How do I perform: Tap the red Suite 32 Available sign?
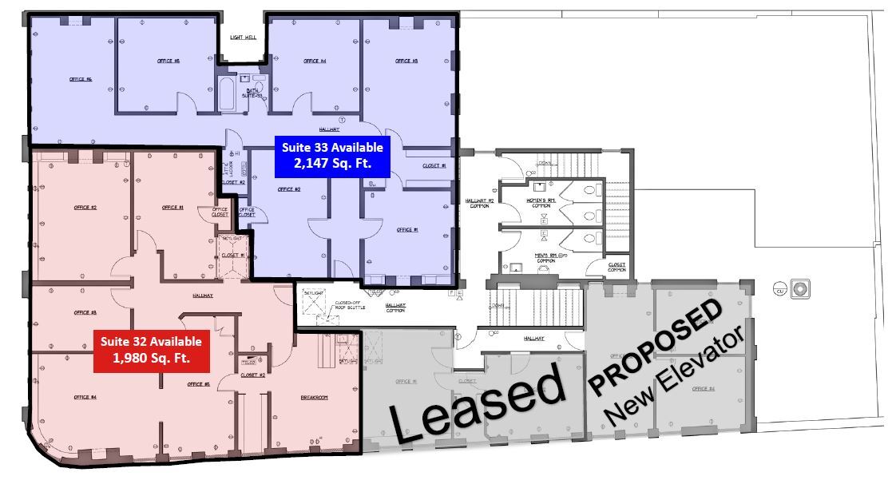pyautogui.click(x=151, y=349)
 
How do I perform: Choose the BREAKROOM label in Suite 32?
pyautogui.click(x=315, y=397)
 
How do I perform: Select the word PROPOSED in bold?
pyautogui.click(x=656, y=345)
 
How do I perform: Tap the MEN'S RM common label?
pyautogui.click(x=546, y=258)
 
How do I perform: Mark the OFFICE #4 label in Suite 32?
pyautogui.click(x=85, y=397)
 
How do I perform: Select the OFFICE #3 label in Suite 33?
pyautogui.click(x=407, y=61)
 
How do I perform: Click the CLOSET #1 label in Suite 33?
pyautogui.click(x=434, y=165)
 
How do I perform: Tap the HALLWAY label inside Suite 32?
pyautogui.click(x=203, y=294)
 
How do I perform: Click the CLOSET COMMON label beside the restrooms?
pyautogui.click(x=616, y=267)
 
